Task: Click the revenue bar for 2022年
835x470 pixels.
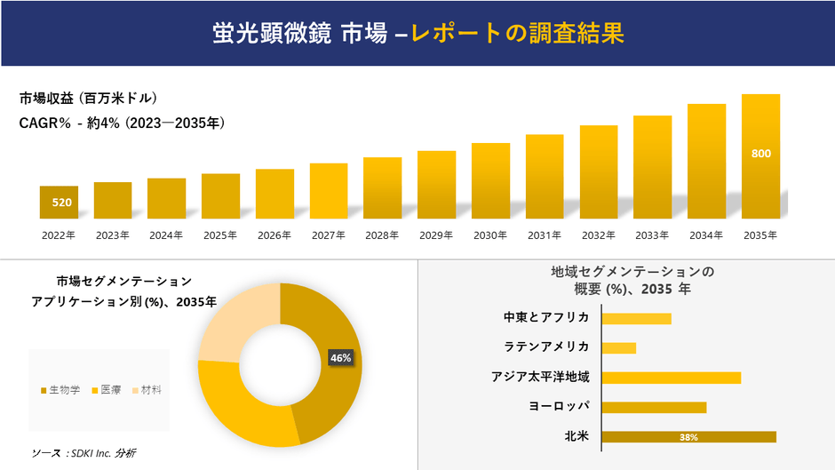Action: pyautogui.click(x=59, y=203)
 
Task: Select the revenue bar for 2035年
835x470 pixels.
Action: pyautogui.click(x=760, y=156)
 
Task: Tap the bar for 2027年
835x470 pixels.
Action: pyautogui.click(x=329, y=191)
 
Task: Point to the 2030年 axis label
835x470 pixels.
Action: pyautogui.click(x=490, y=235)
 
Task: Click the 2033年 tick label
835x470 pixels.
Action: pyautogui.click(x=652, y=235)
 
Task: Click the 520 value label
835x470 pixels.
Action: pyautogui.click(x=61, y=203)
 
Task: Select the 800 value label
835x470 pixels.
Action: pyautogui.click(x=761, y=154)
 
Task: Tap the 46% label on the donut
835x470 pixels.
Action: pyautogui.click(x=340, y=358)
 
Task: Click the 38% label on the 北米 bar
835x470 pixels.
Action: pyautogui.click(x=688, y=437)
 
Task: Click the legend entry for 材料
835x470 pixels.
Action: pyautogui.click(x=151, y=390)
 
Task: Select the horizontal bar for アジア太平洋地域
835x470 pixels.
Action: pyautogui.click(x=671, y=378)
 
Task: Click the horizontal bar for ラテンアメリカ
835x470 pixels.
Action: pyautogui.click(x=619, y=347)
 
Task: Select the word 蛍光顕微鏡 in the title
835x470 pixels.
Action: pyautogui.click(x=273, y=33)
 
